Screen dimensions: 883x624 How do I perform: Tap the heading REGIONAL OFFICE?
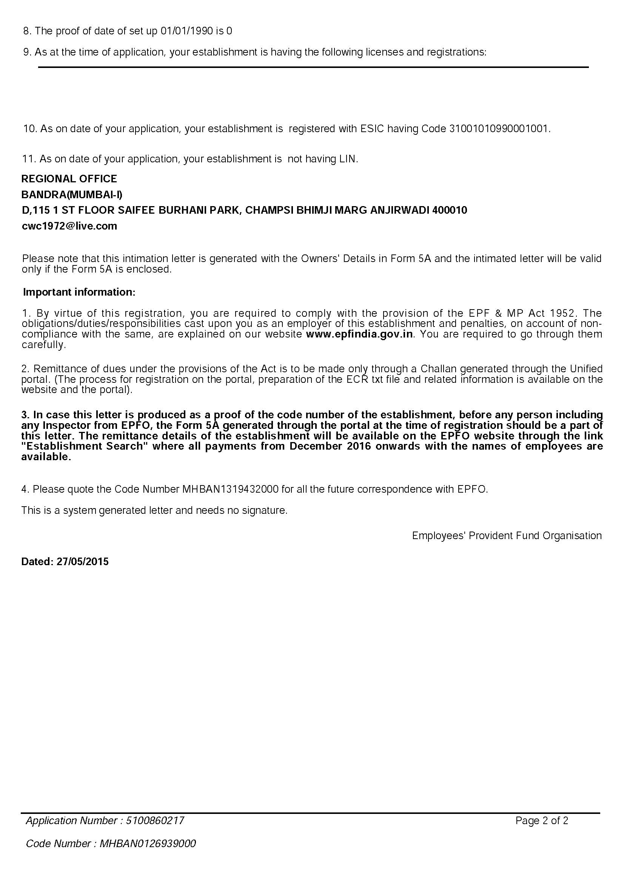coord(69,179)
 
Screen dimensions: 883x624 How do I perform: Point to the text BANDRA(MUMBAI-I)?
coord(72,194)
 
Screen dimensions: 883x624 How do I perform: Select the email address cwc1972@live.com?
coord(69,226)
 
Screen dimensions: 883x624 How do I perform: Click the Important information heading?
coord(79,292)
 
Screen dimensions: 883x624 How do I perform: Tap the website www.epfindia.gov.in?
coord(359,334)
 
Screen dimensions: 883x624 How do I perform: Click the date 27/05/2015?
coord(83,561)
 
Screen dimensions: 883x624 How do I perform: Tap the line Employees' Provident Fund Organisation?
coord(506,535)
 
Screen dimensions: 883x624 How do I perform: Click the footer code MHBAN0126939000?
coord(148,843)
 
